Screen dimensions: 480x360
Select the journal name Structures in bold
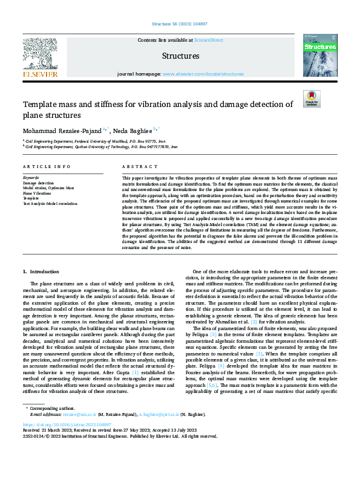coord(180,56)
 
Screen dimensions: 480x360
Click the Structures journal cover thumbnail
coord(319,55)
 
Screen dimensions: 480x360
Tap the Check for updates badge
coord(311,99)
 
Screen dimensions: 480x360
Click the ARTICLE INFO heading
coord(44,166)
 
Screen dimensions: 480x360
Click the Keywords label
coord(31,178)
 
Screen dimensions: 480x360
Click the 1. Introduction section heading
coord(41,272)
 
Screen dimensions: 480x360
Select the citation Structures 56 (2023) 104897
coord(180,25)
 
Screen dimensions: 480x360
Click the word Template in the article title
coord(39,104)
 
